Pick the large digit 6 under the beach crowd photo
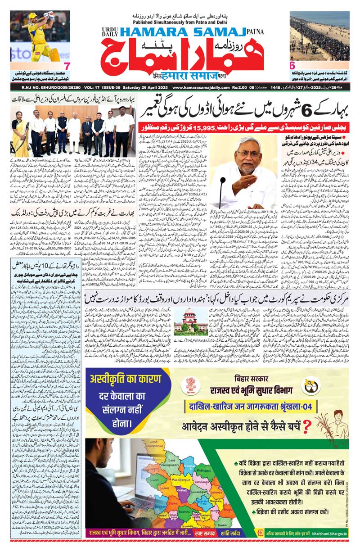pos(292,65)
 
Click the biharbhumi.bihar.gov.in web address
pos(333,532)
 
